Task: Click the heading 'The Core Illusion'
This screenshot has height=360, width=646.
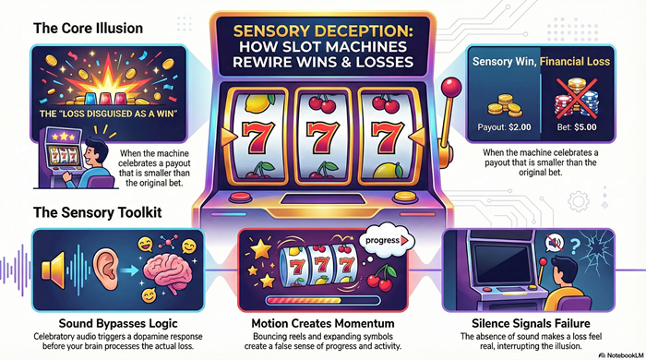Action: click(x=88, y=28)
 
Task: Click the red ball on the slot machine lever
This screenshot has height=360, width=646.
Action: click(x=452, y=89)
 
